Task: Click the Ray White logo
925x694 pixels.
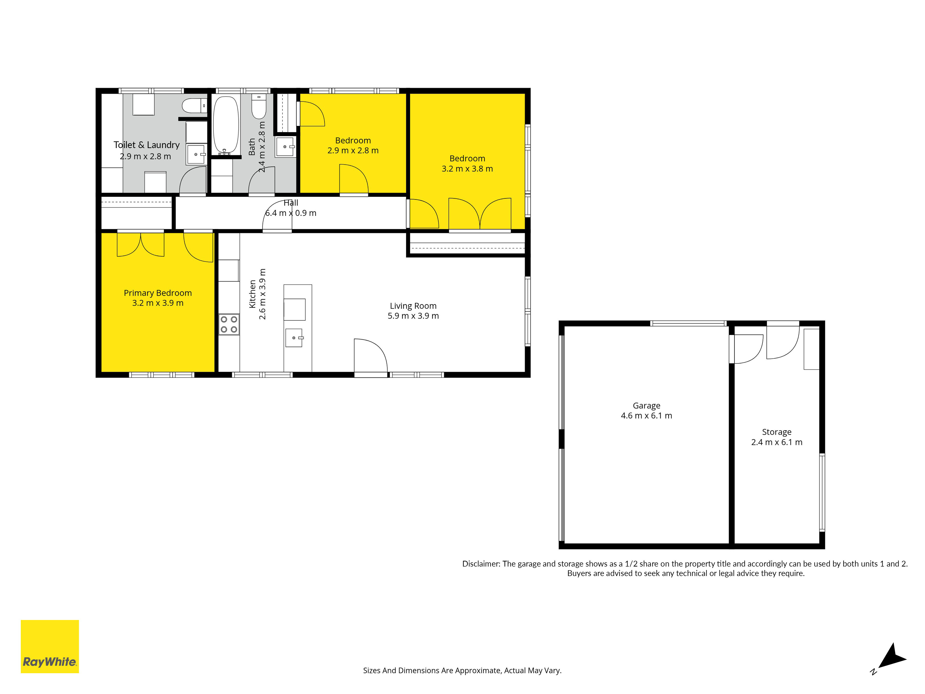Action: [x=50, y=646]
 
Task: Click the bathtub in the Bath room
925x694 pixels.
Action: [x=226, y=125]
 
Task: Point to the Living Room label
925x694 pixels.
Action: [x=413, y=306]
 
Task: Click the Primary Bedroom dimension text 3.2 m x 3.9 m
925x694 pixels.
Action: [x=158, y=303]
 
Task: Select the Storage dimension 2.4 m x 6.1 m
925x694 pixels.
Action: [x=777, y=442]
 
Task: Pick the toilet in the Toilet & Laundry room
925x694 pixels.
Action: [x=195, y=105]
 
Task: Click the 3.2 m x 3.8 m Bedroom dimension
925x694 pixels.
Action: [x=467, y=169]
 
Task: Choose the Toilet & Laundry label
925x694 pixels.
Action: [x=146, y=145]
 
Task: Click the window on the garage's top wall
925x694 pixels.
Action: [x=688, y=323]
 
